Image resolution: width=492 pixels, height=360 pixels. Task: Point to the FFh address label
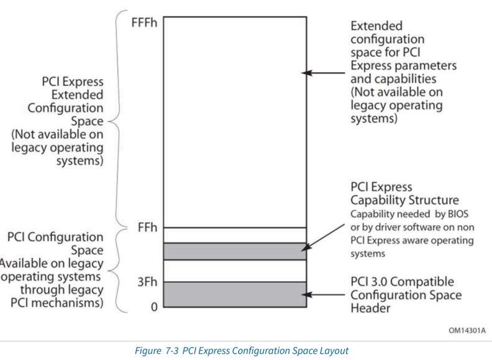[x=147, y=228]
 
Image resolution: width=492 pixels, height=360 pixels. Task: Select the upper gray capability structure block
[x=235, y=251]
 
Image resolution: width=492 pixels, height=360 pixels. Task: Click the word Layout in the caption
[x=331, y=349]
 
